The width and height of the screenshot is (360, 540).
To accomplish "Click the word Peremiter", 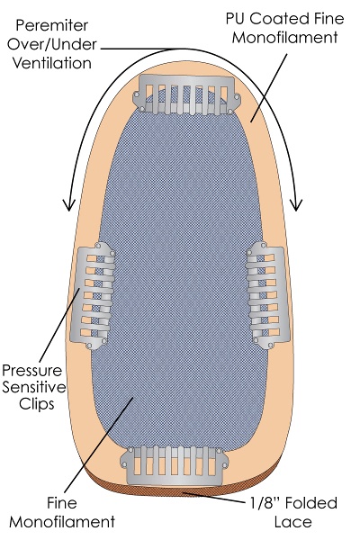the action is coord(52,25).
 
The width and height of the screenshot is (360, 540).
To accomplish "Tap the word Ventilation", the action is coord(52,63).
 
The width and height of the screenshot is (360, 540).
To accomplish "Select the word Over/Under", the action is coord(52,44).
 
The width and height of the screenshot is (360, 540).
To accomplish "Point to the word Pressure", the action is coord(32,370).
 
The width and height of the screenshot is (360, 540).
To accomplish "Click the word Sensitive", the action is coord(34,387).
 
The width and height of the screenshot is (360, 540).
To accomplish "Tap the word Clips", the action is coord(37,403).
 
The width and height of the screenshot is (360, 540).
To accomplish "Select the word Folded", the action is coord(312,503).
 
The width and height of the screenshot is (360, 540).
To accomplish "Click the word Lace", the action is coord(293,522).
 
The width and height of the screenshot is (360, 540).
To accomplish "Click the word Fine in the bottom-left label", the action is coord(62,503).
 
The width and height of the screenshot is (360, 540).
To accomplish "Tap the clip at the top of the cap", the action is coord(186,94).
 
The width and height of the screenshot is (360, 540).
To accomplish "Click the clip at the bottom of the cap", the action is coord(175,465).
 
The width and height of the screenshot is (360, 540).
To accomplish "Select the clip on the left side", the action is coord(93,295).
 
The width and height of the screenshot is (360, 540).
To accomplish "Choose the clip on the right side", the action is coord(265,295).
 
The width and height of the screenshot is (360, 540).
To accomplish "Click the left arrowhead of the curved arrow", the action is coord(70,205).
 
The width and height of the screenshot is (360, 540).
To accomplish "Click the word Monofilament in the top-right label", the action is coord(284,37).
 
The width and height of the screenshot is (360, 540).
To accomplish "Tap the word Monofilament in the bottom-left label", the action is coord(62,522).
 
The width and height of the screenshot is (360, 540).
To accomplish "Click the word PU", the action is coord(235,19).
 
